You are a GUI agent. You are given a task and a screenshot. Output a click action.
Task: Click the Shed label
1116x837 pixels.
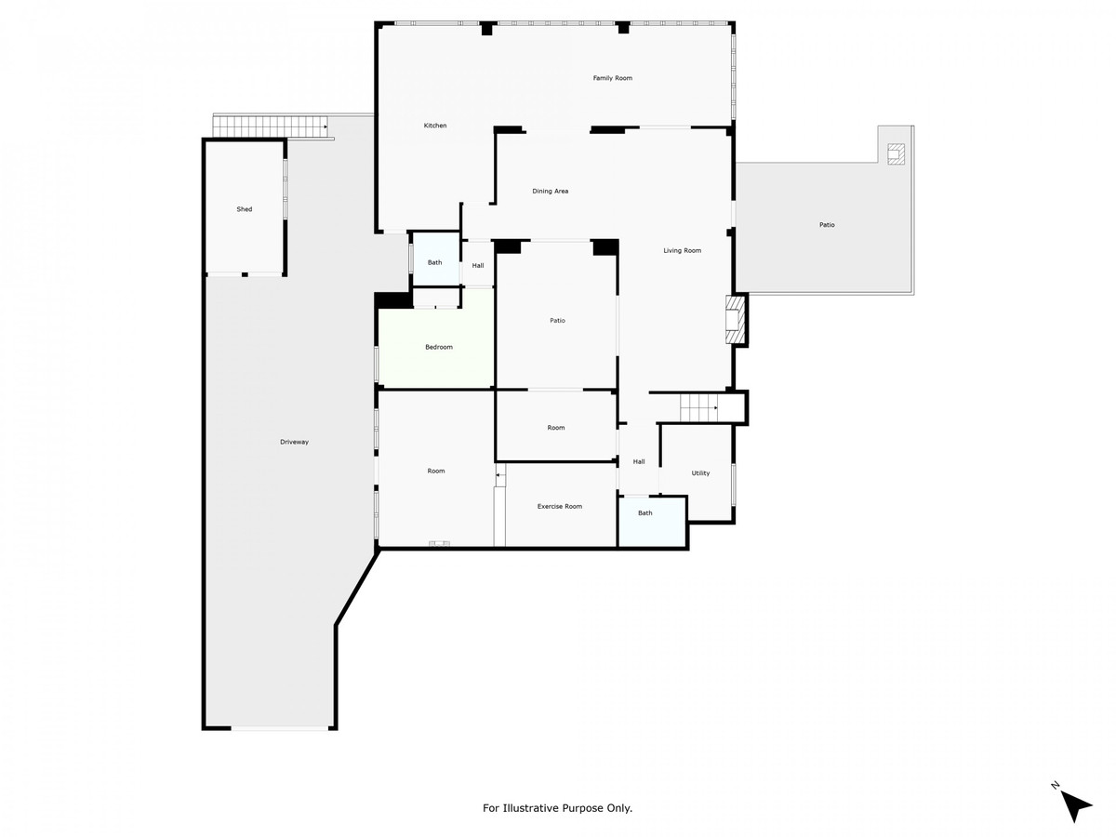pos(244,209)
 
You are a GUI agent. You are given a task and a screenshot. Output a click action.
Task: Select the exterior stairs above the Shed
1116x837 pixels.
pos(270,126)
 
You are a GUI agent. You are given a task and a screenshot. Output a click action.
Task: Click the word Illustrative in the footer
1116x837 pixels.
pos(529,808)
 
